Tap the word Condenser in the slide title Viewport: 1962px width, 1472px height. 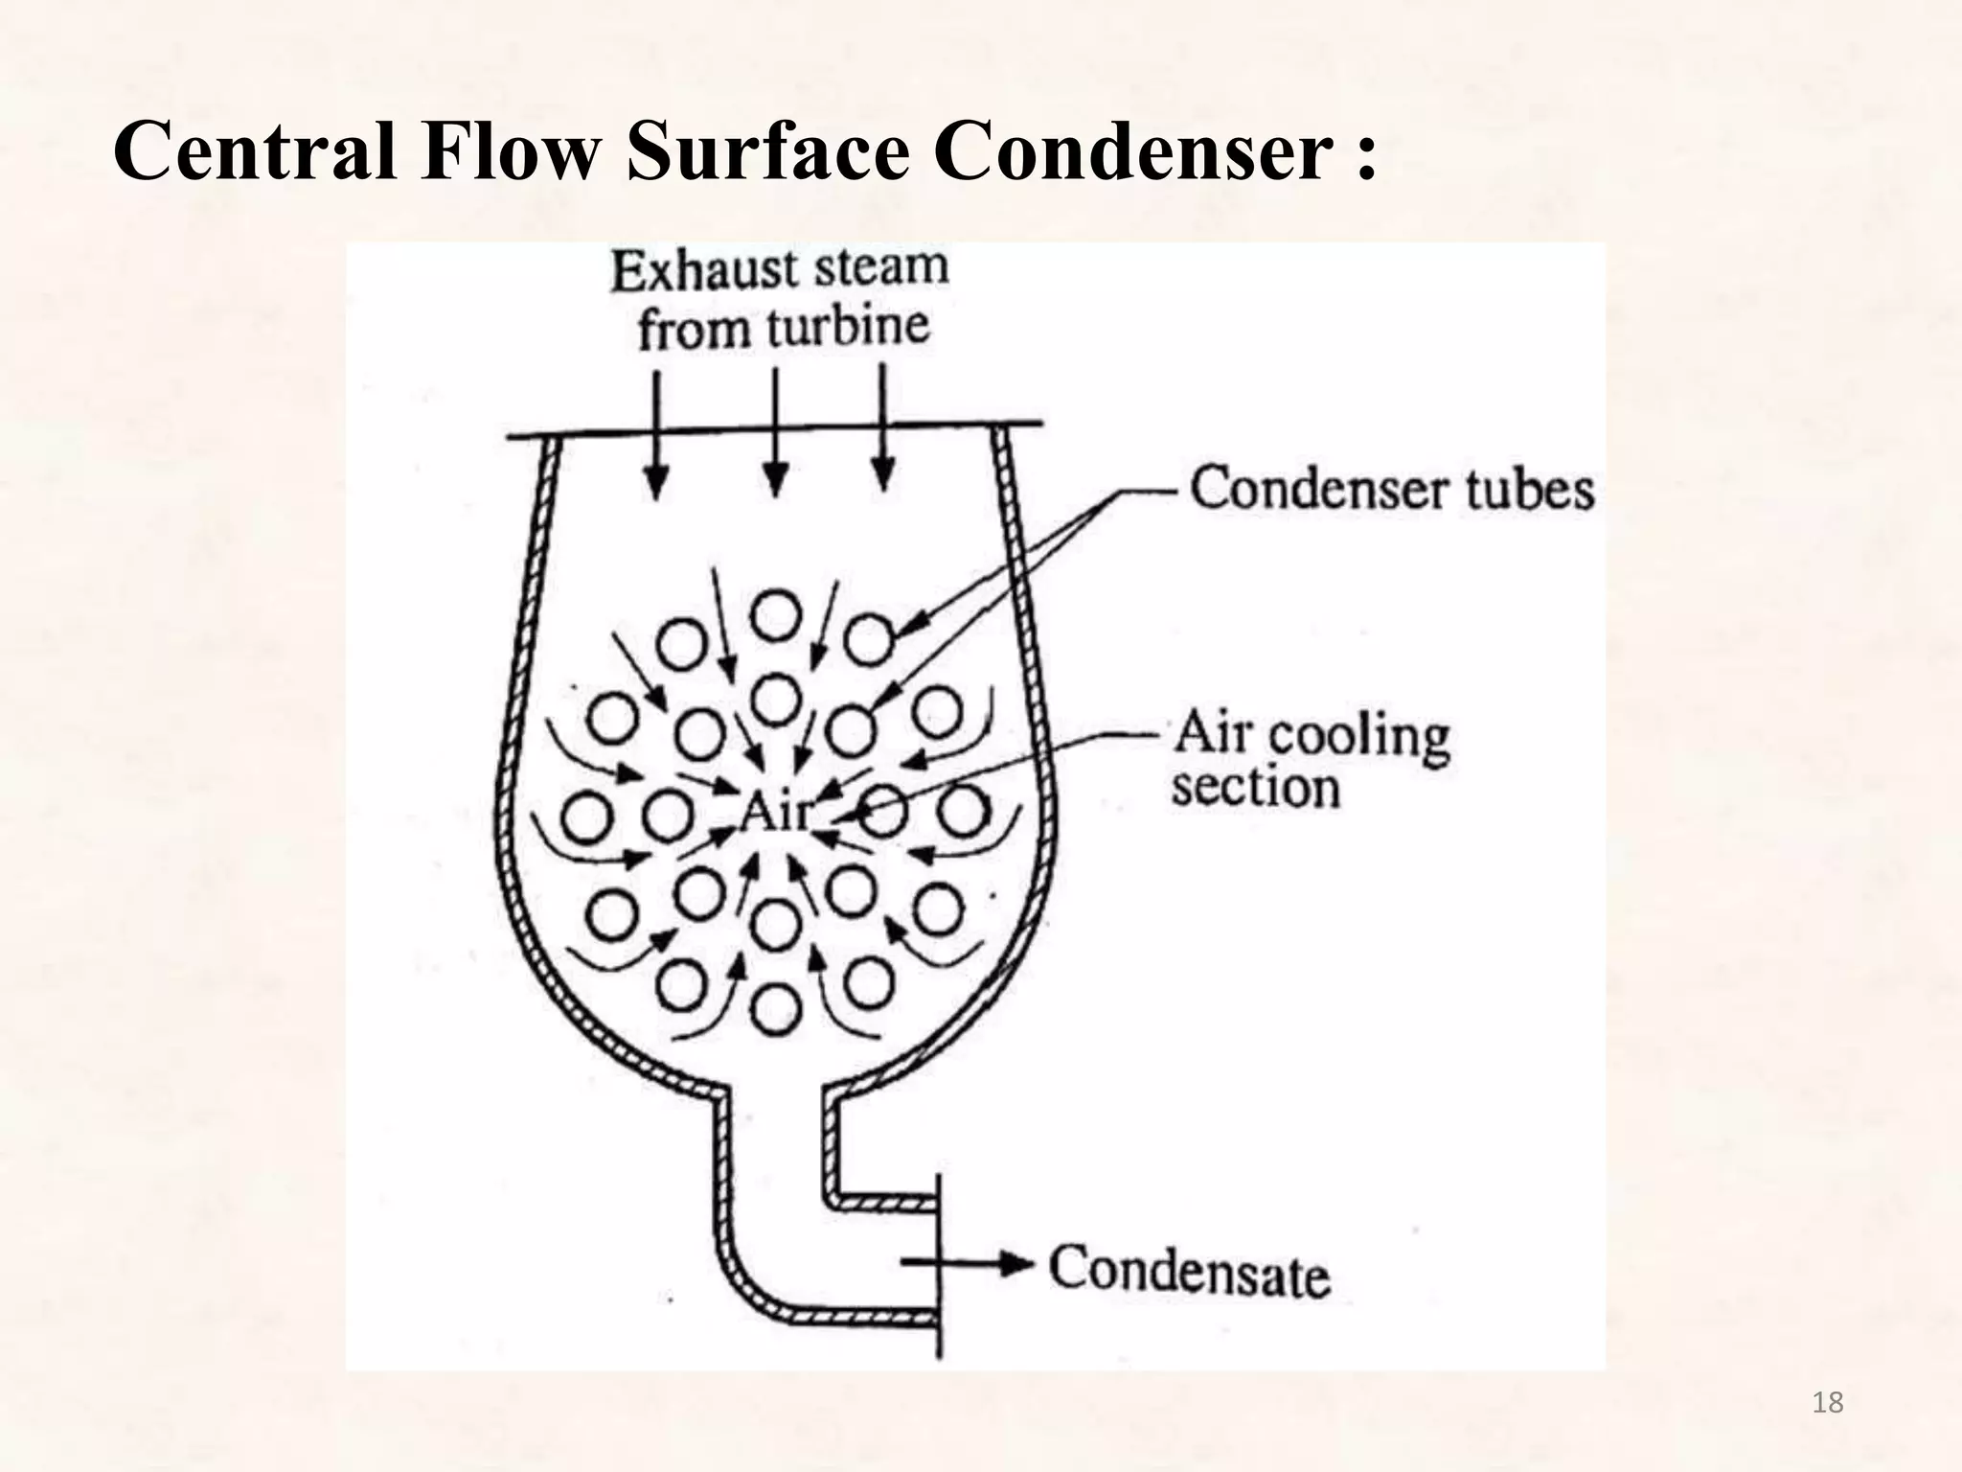click(x=1131, y=152)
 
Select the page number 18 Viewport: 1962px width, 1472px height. click(x=1828, y=1403)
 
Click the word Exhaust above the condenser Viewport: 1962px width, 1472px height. click(x=703, y=271)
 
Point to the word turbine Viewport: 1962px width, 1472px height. click(x=848, y=329)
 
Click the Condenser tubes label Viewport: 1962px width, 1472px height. click(x=1391, y=489)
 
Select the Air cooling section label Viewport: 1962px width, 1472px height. click(x=1311, y=760)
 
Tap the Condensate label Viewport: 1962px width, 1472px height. click(x=1190, y=1271)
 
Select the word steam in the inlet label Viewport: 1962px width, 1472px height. click(x=878, y=267)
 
